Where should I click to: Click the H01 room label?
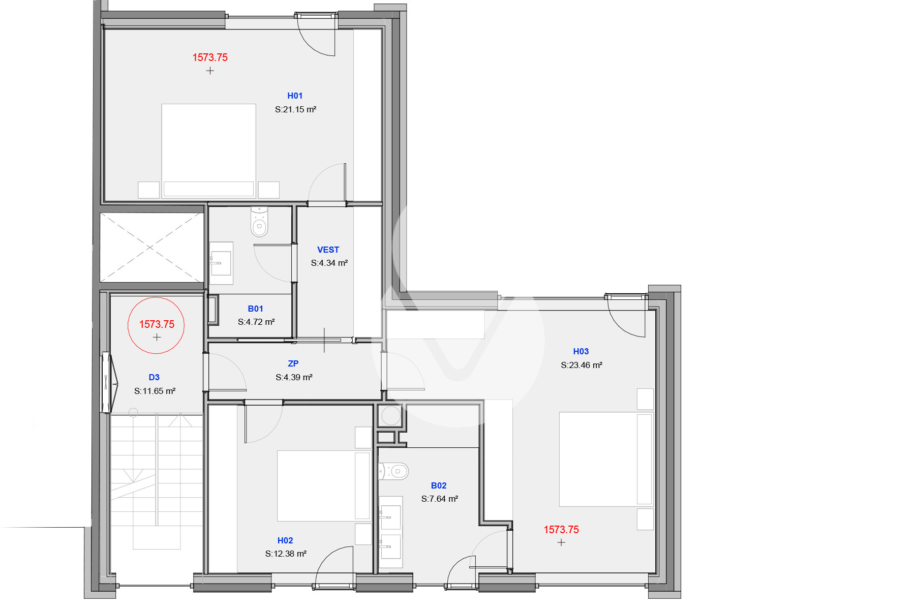295,96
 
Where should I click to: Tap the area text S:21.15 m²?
295,109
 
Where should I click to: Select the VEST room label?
328,250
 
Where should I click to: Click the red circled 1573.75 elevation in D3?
157,324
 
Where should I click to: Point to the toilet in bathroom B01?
259,221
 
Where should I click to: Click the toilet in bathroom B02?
393,471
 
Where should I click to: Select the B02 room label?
439,485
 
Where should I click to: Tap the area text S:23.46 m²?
582,365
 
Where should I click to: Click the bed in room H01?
208,151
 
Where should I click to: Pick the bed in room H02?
324,485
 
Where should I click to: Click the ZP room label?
293,363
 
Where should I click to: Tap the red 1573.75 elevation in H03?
561,530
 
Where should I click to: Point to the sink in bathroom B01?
221,263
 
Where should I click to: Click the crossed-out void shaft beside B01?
151,248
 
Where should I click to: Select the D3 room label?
154,377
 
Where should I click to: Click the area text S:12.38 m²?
286,554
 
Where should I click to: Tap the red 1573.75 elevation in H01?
210,57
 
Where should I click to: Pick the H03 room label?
581,351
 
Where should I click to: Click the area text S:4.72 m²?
256,322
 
